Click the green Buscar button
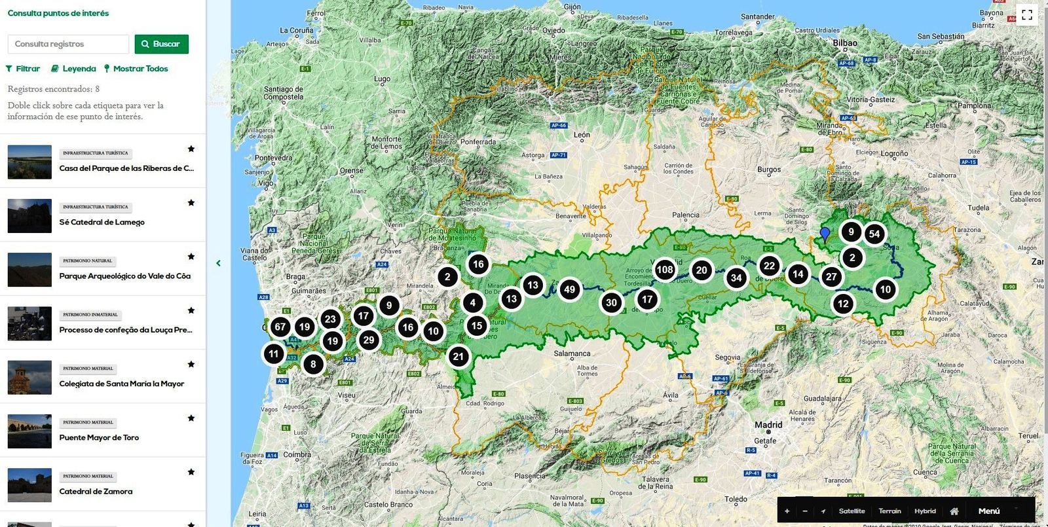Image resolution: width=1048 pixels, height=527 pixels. (161, 44)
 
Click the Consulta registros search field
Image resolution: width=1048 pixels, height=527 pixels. (68, 44)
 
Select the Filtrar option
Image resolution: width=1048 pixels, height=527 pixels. (23, 69)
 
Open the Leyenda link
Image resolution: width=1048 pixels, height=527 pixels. (73, 69)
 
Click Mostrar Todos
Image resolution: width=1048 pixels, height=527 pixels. (136, 69)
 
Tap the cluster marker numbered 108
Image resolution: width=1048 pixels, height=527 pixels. (664, 270)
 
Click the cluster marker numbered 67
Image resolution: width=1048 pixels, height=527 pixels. (280, 327)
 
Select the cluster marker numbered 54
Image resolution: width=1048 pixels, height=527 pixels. (874, 234)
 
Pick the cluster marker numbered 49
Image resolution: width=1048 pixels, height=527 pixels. (569, 289)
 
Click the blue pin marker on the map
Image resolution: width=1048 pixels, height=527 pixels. (825, 234)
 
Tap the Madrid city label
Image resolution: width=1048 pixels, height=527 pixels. (768, 425)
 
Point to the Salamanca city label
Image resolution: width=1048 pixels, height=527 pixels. (572, 354)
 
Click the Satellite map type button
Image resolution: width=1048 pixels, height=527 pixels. (851, 511)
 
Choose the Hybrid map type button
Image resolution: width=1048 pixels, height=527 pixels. (925, 511)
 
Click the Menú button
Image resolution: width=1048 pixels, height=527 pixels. (988, 511)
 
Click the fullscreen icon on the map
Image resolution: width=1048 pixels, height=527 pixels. (1026, 14)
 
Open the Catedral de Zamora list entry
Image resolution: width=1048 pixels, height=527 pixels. (96, 492)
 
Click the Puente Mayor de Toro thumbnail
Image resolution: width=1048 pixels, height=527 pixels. (29, 431)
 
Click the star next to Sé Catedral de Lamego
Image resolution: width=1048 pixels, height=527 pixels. (191, 203)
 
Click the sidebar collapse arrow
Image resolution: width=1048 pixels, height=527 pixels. (218, 263)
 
